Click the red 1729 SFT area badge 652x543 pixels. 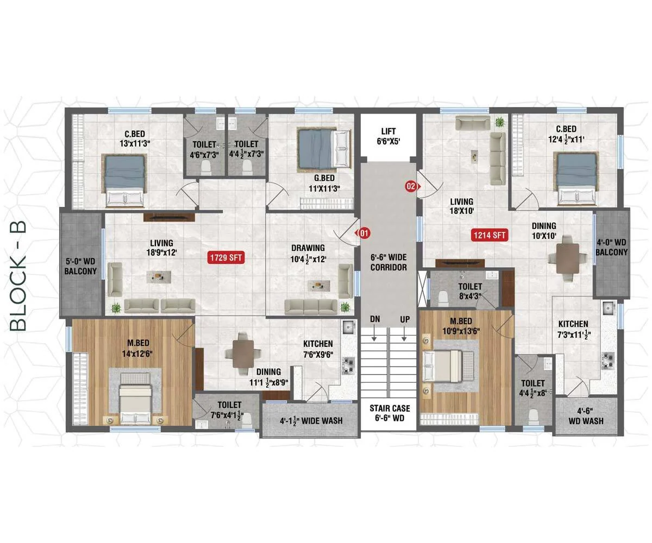click(x=226, y=258)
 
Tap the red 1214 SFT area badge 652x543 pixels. click(x=490, y=235)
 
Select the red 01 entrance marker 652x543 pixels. click(x=362, y=233)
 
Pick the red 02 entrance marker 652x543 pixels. click(x=413, y=186)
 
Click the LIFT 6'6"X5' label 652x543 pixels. click(x=388, y=136)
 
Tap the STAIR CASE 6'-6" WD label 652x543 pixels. click(x=390, y=413)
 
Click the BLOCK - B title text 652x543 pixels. click(x=18, y=276)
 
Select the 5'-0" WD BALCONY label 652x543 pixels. click(x=80, y=266)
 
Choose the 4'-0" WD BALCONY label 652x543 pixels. click(x=611, y=247)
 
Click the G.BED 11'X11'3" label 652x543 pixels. click(x=324, y=183)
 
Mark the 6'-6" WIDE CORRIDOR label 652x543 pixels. click(x=389, y=262)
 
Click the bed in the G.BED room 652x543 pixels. click(x=324, y=149)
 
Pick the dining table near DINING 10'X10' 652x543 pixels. click(x=567, y=258)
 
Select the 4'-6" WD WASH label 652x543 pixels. click(x=586, y=416)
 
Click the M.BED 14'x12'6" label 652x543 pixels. click(x=137, y=348)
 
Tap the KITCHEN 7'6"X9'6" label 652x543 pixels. click(x=318, y=349)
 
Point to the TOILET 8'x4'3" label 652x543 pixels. click(x=470, y=291)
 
